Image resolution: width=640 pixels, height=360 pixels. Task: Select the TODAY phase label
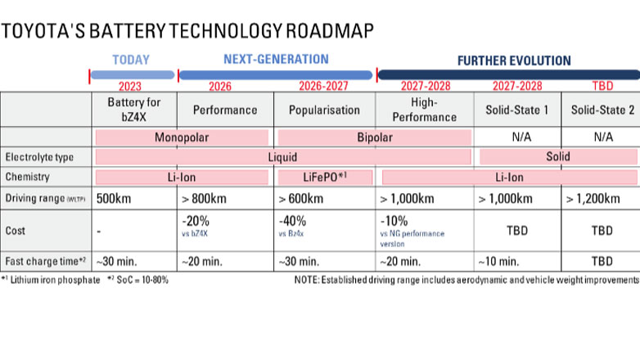(x=132, y=60)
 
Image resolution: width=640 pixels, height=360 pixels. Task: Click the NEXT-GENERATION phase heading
(x=276, y=60)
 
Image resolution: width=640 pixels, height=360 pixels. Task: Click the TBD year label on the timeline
(x=600, y=85)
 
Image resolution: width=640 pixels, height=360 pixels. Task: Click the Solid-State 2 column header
(x=600, y=110)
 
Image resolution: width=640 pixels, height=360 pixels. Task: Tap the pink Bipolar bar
(x=374, y=137)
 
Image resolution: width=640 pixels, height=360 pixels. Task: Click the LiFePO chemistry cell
(x=324, y=176)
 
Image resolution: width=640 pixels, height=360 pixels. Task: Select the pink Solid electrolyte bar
(x=558, y=156)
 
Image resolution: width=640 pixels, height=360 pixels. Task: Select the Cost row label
(x=16, y=231)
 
